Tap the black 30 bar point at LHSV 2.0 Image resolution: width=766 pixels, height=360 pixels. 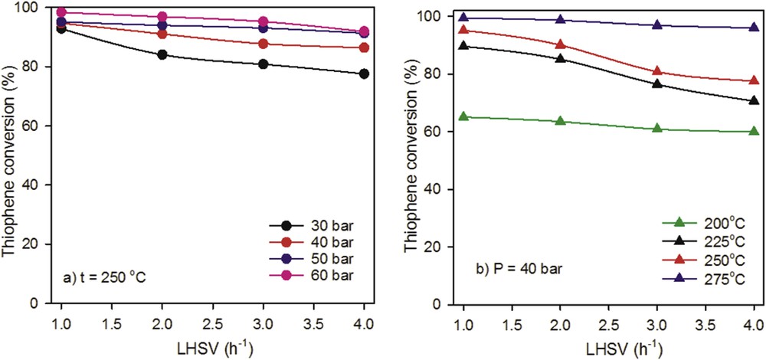tap(162, 54)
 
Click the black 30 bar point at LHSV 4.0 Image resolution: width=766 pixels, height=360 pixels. tap(364, 74)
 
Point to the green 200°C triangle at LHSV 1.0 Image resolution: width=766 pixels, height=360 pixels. tap(463, 116)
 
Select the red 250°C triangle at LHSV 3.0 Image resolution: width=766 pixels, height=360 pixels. tap(657, 71)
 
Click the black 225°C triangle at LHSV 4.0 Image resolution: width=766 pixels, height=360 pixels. tap(754, 100)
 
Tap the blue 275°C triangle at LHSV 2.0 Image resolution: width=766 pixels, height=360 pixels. tap(561, 20)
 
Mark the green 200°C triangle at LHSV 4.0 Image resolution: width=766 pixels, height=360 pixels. tap(754, 131)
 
